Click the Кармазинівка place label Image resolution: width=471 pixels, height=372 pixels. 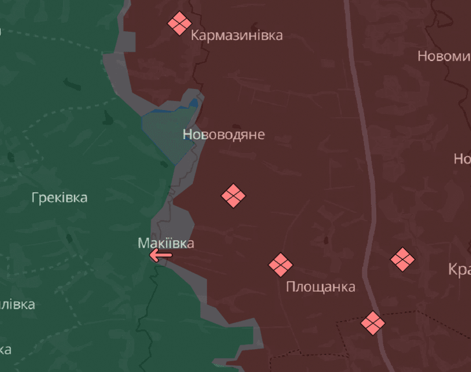click(x=237, y=35)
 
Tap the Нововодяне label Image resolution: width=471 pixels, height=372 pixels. click(x=223, y=135)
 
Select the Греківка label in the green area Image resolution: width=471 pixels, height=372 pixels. click(x=59, y=198)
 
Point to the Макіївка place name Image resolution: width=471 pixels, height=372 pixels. click(x=166, y=243)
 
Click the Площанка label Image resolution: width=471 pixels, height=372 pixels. click(x=320, y=287)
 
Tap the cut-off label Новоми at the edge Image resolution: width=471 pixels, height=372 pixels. click(x=444, y=56)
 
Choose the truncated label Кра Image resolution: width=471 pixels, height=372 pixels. click(x=459, y=270)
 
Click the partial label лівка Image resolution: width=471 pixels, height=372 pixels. click(x=17, y=304)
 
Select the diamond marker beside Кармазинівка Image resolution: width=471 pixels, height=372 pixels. click(x=179, y=24)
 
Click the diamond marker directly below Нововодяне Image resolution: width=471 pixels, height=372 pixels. click(x=234, y=196)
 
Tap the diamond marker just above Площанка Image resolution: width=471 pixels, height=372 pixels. click(x=280, y=265)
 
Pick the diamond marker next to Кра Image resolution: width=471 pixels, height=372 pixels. click(x=402, y=259)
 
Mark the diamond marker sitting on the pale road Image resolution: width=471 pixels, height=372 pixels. click(x=373, y=322)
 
